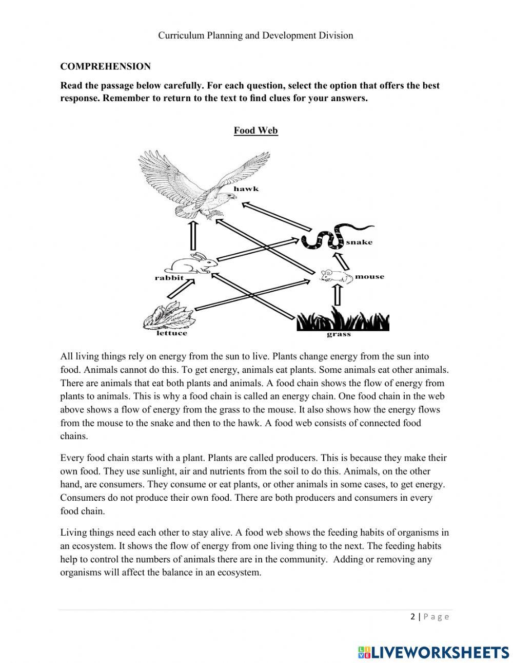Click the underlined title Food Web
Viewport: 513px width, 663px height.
(255, 130)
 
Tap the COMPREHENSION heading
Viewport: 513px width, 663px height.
(105, 66)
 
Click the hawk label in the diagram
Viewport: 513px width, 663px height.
(246, 189)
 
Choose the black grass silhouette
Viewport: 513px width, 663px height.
(343, 320)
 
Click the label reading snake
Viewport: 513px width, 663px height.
(359, 242)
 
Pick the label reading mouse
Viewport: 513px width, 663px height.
(369, 277)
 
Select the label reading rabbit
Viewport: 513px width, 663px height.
(169, 278)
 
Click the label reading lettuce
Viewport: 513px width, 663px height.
(172, 333)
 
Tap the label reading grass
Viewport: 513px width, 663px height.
(339, 334)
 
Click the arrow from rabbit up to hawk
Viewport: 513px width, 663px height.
(193, 236)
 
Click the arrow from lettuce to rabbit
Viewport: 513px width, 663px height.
(181, 289)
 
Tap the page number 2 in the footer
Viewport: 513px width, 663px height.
(413, 617)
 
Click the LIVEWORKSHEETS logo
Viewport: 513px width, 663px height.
(433, 652)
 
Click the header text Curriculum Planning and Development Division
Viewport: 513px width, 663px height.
(255, 35)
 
